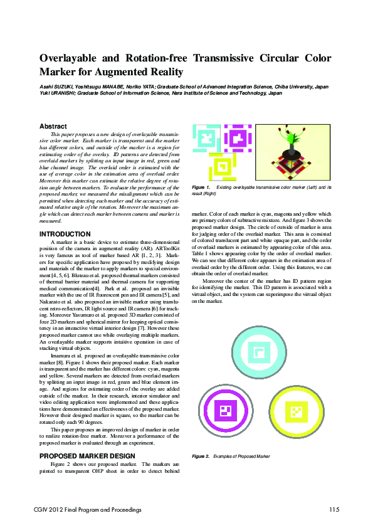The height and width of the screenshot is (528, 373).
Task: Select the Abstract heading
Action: click(x=53, y=126)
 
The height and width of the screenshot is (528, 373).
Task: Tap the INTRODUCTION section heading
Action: click(x=65, y=234)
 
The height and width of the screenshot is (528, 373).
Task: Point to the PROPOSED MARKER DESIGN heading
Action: click(x=87, y=455)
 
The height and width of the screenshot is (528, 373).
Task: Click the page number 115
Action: click(x=334, y=509)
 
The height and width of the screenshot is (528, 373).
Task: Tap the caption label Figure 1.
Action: click(x=201, y=187)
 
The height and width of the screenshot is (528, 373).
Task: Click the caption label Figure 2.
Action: click(x=201, y=456)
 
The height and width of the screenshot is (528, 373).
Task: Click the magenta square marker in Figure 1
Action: click(x=236, y=139)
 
